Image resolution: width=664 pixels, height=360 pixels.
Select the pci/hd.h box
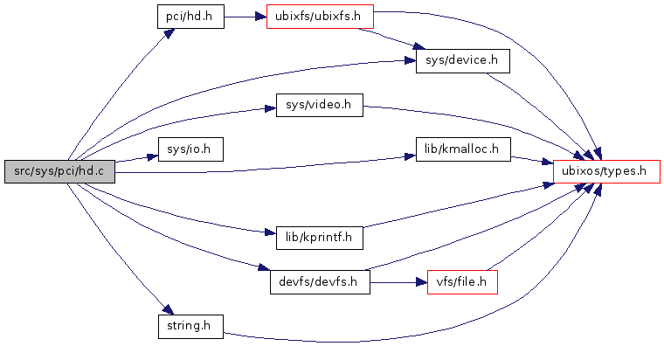click(190, 17)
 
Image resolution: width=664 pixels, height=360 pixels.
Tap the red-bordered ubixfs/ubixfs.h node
click(319, 17)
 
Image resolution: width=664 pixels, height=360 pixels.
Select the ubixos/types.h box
click(605, 172)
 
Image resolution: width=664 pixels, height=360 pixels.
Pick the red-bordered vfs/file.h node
click(462, 282)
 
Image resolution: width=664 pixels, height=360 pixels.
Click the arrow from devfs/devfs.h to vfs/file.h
click(398, 282)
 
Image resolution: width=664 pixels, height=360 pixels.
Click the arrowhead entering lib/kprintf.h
click(269, 233)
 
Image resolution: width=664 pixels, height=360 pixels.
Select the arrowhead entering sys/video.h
click(270, 108)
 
